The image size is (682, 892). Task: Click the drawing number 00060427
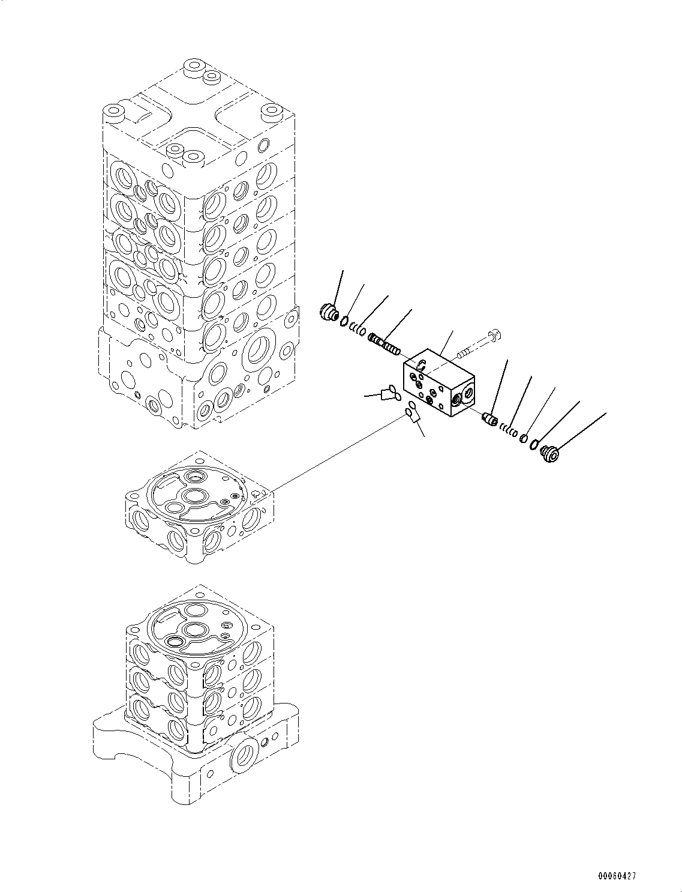tap(615, 876)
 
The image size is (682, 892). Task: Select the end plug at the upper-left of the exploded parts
tap(328, 313)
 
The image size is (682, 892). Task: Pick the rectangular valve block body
tap(441, 384)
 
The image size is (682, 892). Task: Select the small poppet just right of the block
tap(490, 418)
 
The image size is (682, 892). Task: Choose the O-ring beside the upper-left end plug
tap(344, 322)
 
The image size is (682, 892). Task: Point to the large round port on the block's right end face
tap(464, 394)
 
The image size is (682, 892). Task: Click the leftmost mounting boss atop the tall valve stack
tap(112, 112)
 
